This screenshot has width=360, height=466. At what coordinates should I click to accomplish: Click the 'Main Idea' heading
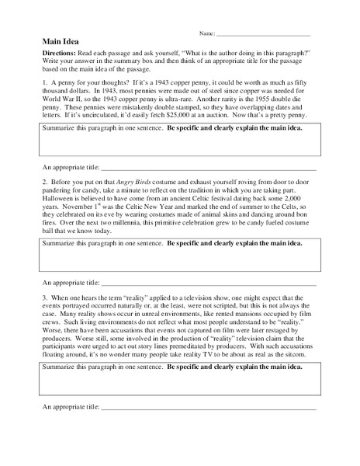(59, 43)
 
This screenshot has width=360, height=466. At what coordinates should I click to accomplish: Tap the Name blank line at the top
(264, 35)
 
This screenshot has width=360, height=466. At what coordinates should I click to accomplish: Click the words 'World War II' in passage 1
(63, 96)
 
